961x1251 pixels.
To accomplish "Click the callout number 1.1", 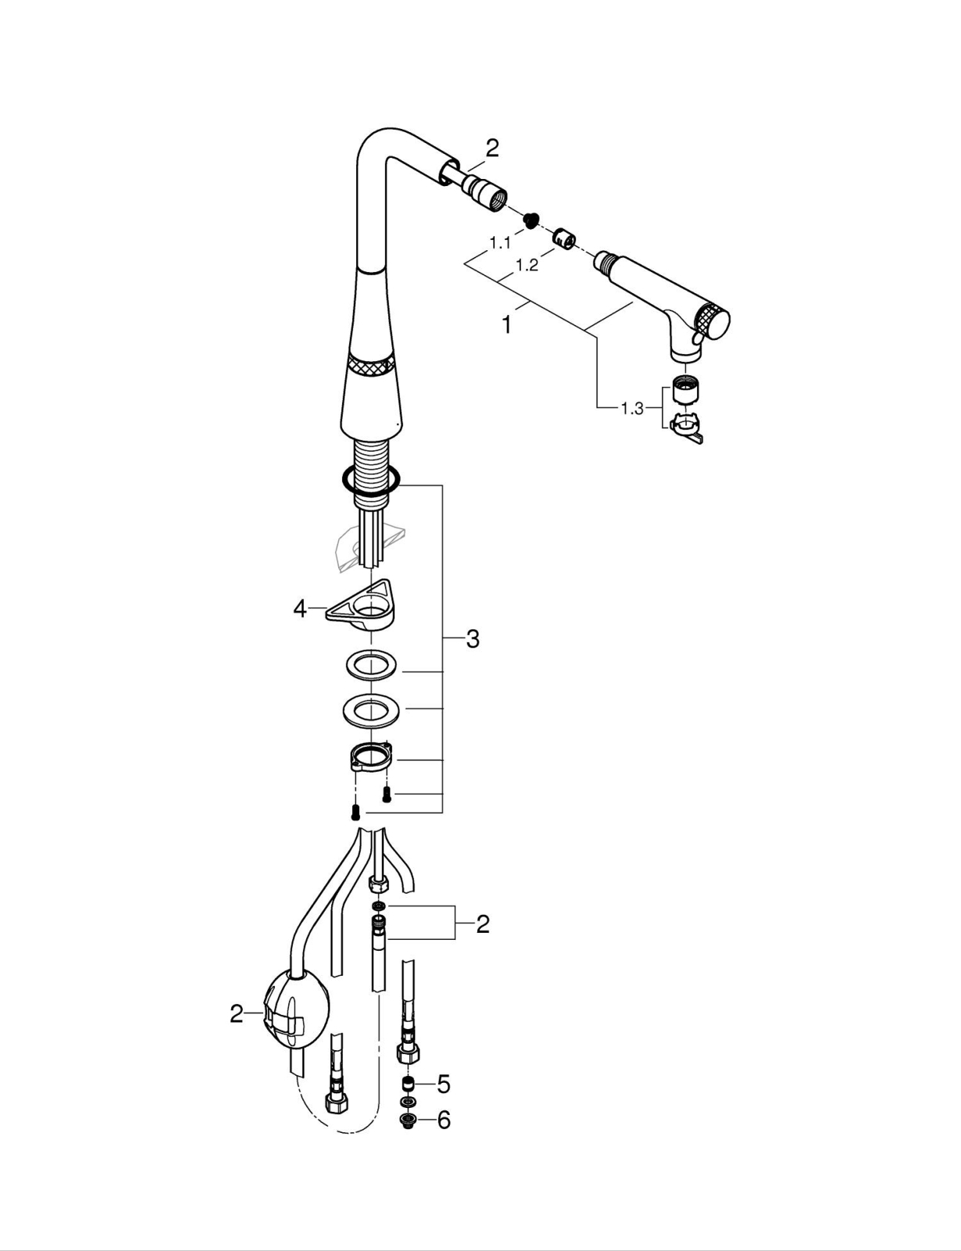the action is click(x=500, y=243).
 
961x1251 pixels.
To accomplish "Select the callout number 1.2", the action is click(x=527, y=265).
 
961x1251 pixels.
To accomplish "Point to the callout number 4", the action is click(x=300, y=608).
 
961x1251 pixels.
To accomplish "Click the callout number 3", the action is click(x=473, y=639).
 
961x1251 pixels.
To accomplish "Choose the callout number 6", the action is click(x=444, y=1120).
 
